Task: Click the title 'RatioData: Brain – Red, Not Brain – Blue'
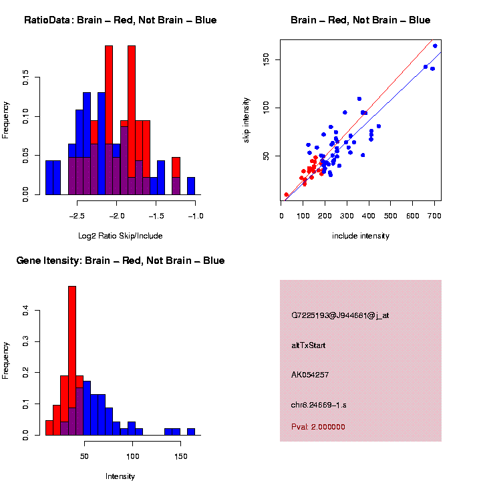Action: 120,20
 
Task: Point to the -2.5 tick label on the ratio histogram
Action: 77,216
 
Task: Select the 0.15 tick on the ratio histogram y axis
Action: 25,79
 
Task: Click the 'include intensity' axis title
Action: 361,236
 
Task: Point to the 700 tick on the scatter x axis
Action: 435,216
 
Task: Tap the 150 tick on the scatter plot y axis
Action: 265,60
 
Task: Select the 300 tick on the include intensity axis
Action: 347,216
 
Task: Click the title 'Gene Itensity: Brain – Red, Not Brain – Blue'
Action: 120,261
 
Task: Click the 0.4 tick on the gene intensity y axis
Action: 25,311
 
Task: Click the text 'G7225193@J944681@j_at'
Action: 340,315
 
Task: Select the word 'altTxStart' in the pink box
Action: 309,345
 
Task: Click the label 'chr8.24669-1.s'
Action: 319,405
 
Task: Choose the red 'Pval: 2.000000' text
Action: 319,426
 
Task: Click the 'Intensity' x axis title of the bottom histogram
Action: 120,476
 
